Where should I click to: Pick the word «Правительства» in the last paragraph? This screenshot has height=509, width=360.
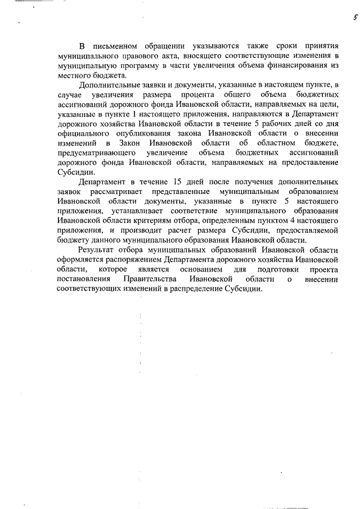[x=148, y=280]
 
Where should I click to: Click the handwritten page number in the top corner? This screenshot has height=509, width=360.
[x=347, y=18]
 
